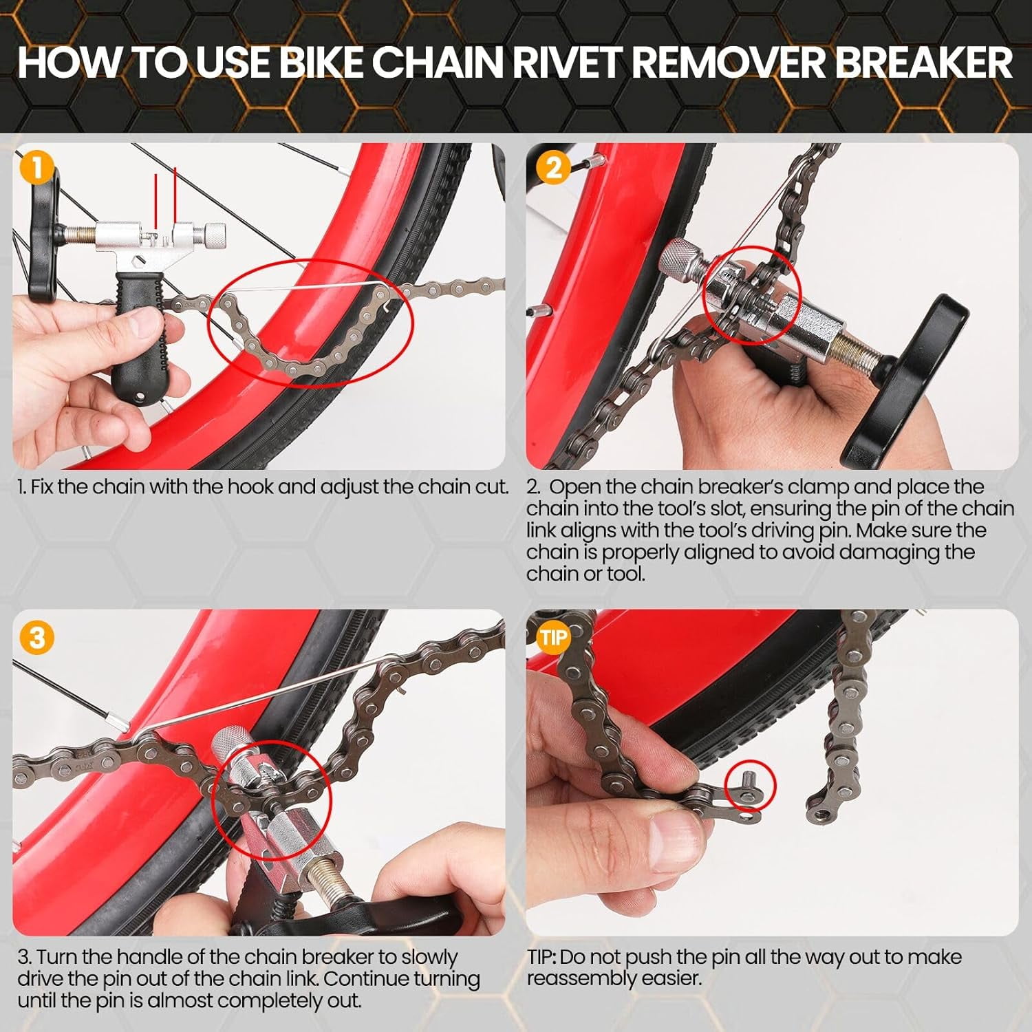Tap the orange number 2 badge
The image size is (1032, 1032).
[553, 168]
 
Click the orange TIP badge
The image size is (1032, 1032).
[553, 637]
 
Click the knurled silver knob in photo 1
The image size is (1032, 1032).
[215, 237]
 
